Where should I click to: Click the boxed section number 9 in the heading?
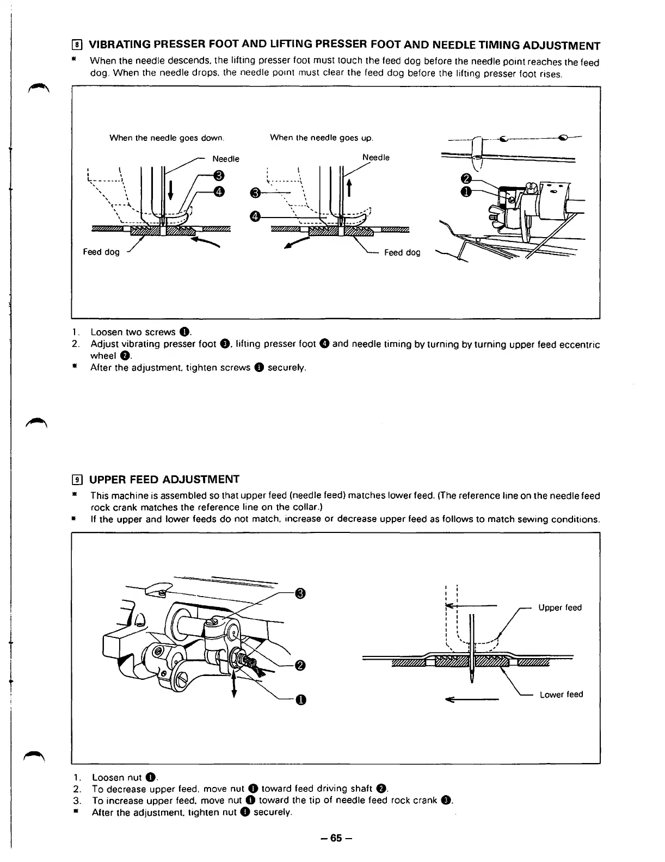point(78,479)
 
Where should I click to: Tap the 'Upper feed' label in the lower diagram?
point(559,607)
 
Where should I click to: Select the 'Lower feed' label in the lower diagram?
point(561,694)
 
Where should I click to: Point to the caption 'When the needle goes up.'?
point(322,138)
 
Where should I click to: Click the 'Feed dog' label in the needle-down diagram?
point(101,252)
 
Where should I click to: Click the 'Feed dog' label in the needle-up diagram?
point(402,252)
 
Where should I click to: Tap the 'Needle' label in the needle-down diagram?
point(226,159)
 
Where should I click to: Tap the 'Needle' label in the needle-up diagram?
point(376,157)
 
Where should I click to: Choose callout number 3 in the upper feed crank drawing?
point(299,593)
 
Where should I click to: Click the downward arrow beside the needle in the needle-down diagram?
point(171,191)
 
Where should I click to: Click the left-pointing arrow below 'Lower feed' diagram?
point(472,700)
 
